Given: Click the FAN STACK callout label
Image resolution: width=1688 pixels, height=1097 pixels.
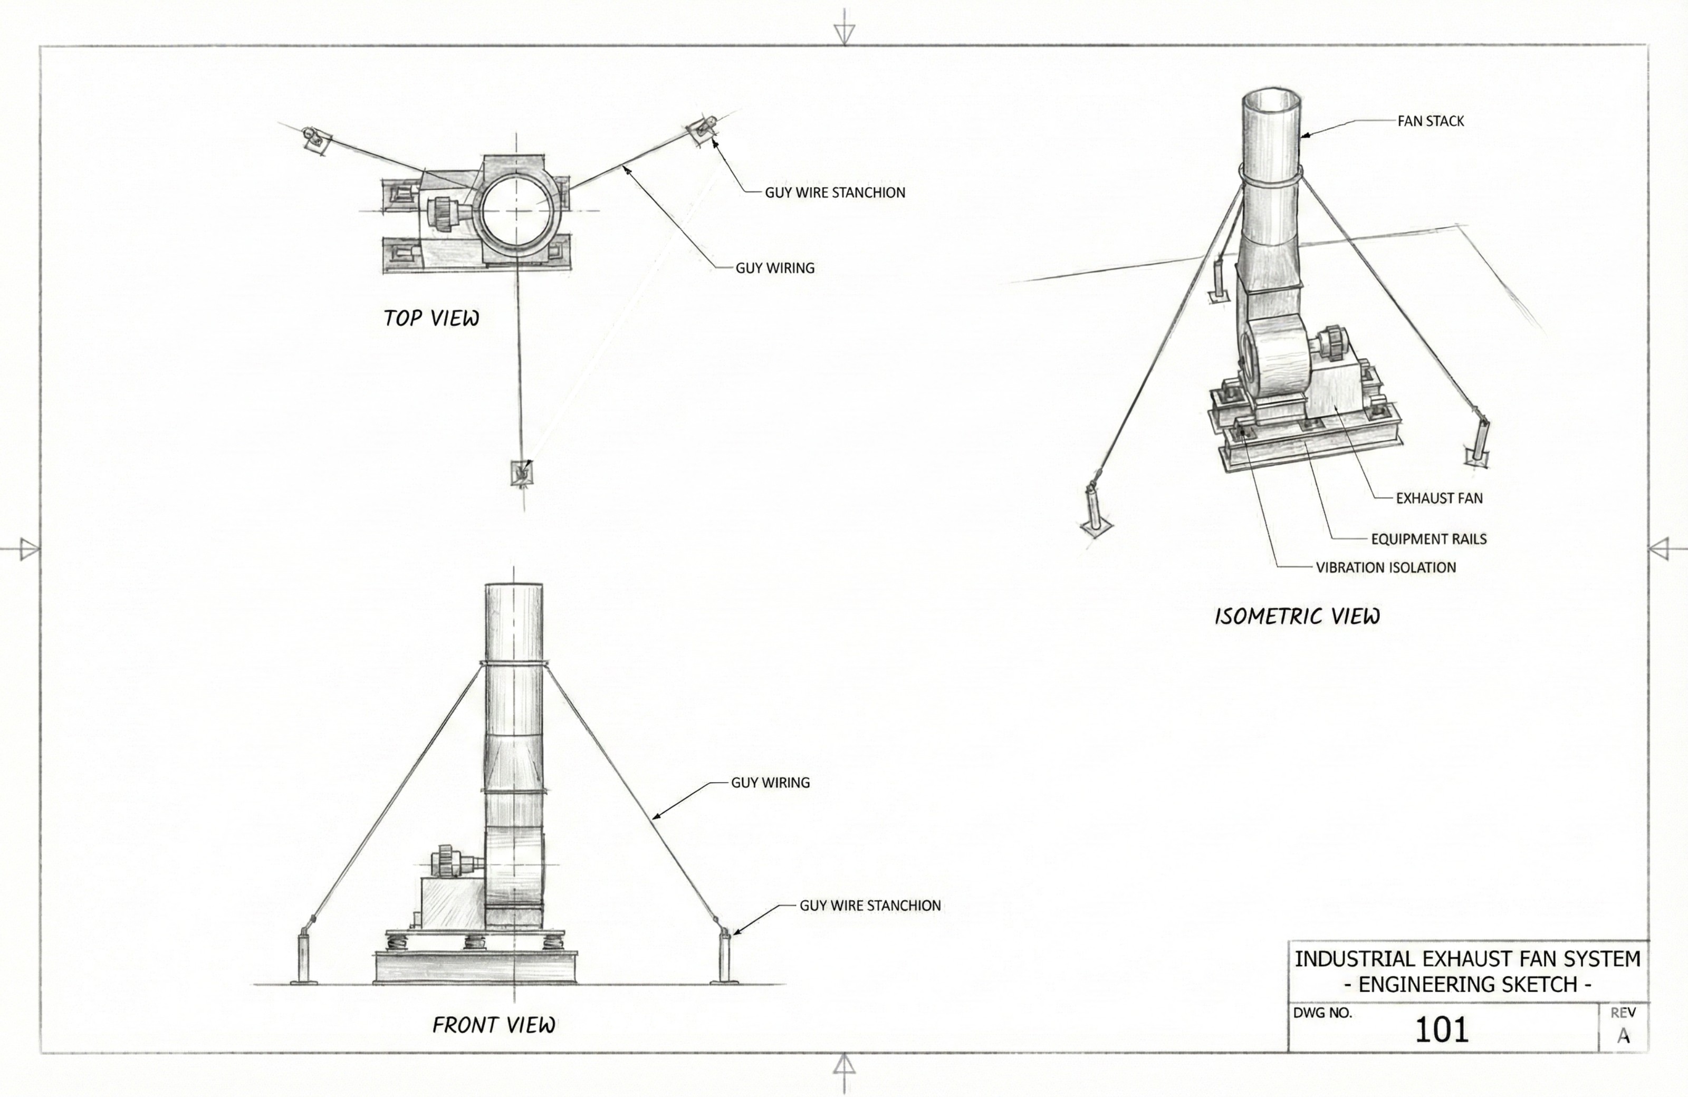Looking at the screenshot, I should point(1430,121).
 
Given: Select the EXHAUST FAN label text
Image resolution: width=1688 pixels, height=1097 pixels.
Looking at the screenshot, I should point(1438,498).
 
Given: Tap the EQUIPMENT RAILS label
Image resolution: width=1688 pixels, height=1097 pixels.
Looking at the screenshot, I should point(1428,539).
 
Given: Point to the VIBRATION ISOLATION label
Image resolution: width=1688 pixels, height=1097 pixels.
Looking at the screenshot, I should point(1385,567).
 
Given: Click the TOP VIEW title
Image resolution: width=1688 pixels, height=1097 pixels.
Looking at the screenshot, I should point(431,319).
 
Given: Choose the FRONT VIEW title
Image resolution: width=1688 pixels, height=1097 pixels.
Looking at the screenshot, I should point(494,1025).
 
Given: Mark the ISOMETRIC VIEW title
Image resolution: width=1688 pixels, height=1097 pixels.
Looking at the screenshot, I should point(1297,616).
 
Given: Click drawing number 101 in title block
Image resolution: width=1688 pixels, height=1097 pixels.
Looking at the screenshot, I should point(1441,1029).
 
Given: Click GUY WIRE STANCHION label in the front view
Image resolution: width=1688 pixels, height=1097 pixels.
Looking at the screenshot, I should point(869,906).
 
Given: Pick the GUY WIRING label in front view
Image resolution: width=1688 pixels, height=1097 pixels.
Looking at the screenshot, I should point(770,783).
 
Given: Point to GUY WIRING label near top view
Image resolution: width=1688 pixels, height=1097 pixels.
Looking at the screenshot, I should point(774,268).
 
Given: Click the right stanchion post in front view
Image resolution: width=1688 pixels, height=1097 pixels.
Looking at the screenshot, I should point(725,957).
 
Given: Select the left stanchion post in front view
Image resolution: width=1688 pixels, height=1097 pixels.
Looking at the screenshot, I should point(303,957).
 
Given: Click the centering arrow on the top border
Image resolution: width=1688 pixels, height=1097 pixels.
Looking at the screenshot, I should point(844,33).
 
